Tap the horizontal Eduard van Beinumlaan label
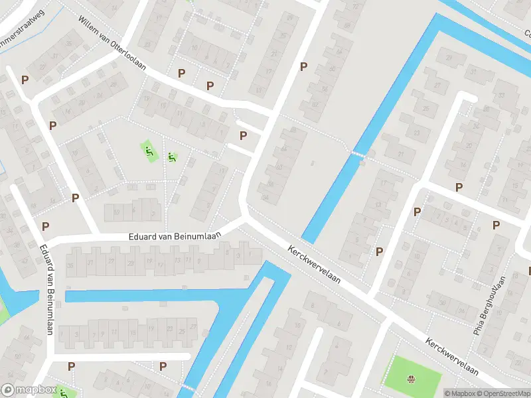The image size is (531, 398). tap(174, 237)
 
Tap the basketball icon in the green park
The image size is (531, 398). tap(411, 379)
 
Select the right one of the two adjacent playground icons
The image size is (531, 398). tap(172, 157)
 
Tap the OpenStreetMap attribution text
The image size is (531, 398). tap(502, 393)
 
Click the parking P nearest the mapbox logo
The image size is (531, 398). tap(71, 365)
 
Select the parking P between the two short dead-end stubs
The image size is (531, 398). tap(244, 135)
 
